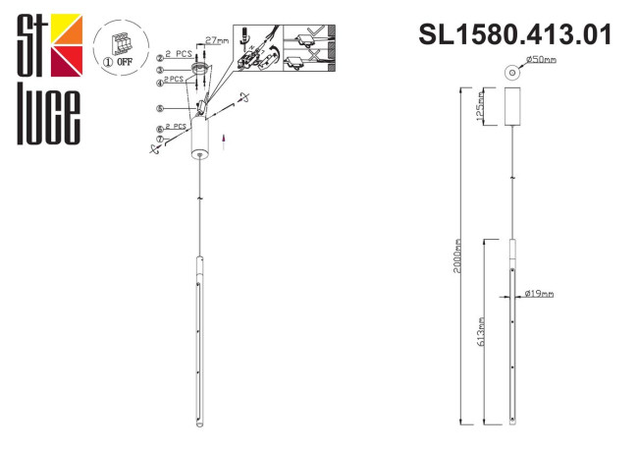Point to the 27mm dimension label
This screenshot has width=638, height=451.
coord(217,41)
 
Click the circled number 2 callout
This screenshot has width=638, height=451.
coord(159,57)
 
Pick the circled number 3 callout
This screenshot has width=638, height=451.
coord(159,70)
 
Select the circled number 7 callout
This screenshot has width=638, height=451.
coord(159,140)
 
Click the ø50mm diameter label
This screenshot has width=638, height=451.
coord(542,61)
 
